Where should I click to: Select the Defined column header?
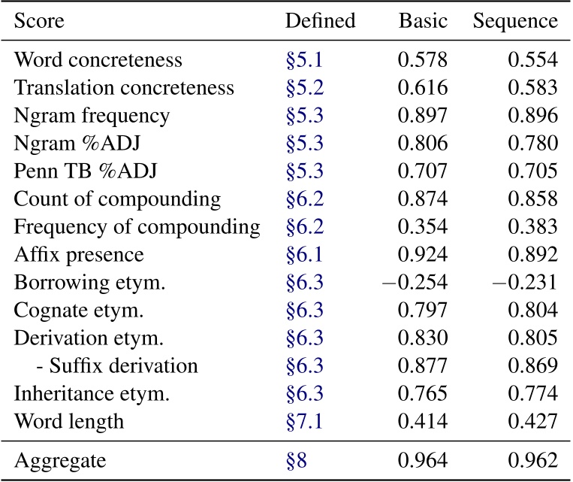click(x=320, y=21)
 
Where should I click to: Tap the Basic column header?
click(x=424, y=21)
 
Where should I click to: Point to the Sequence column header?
click(x=515, y=21)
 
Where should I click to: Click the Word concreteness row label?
click(x=98, y=59)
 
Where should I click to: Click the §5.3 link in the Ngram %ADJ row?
click(x=304, y=144)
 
